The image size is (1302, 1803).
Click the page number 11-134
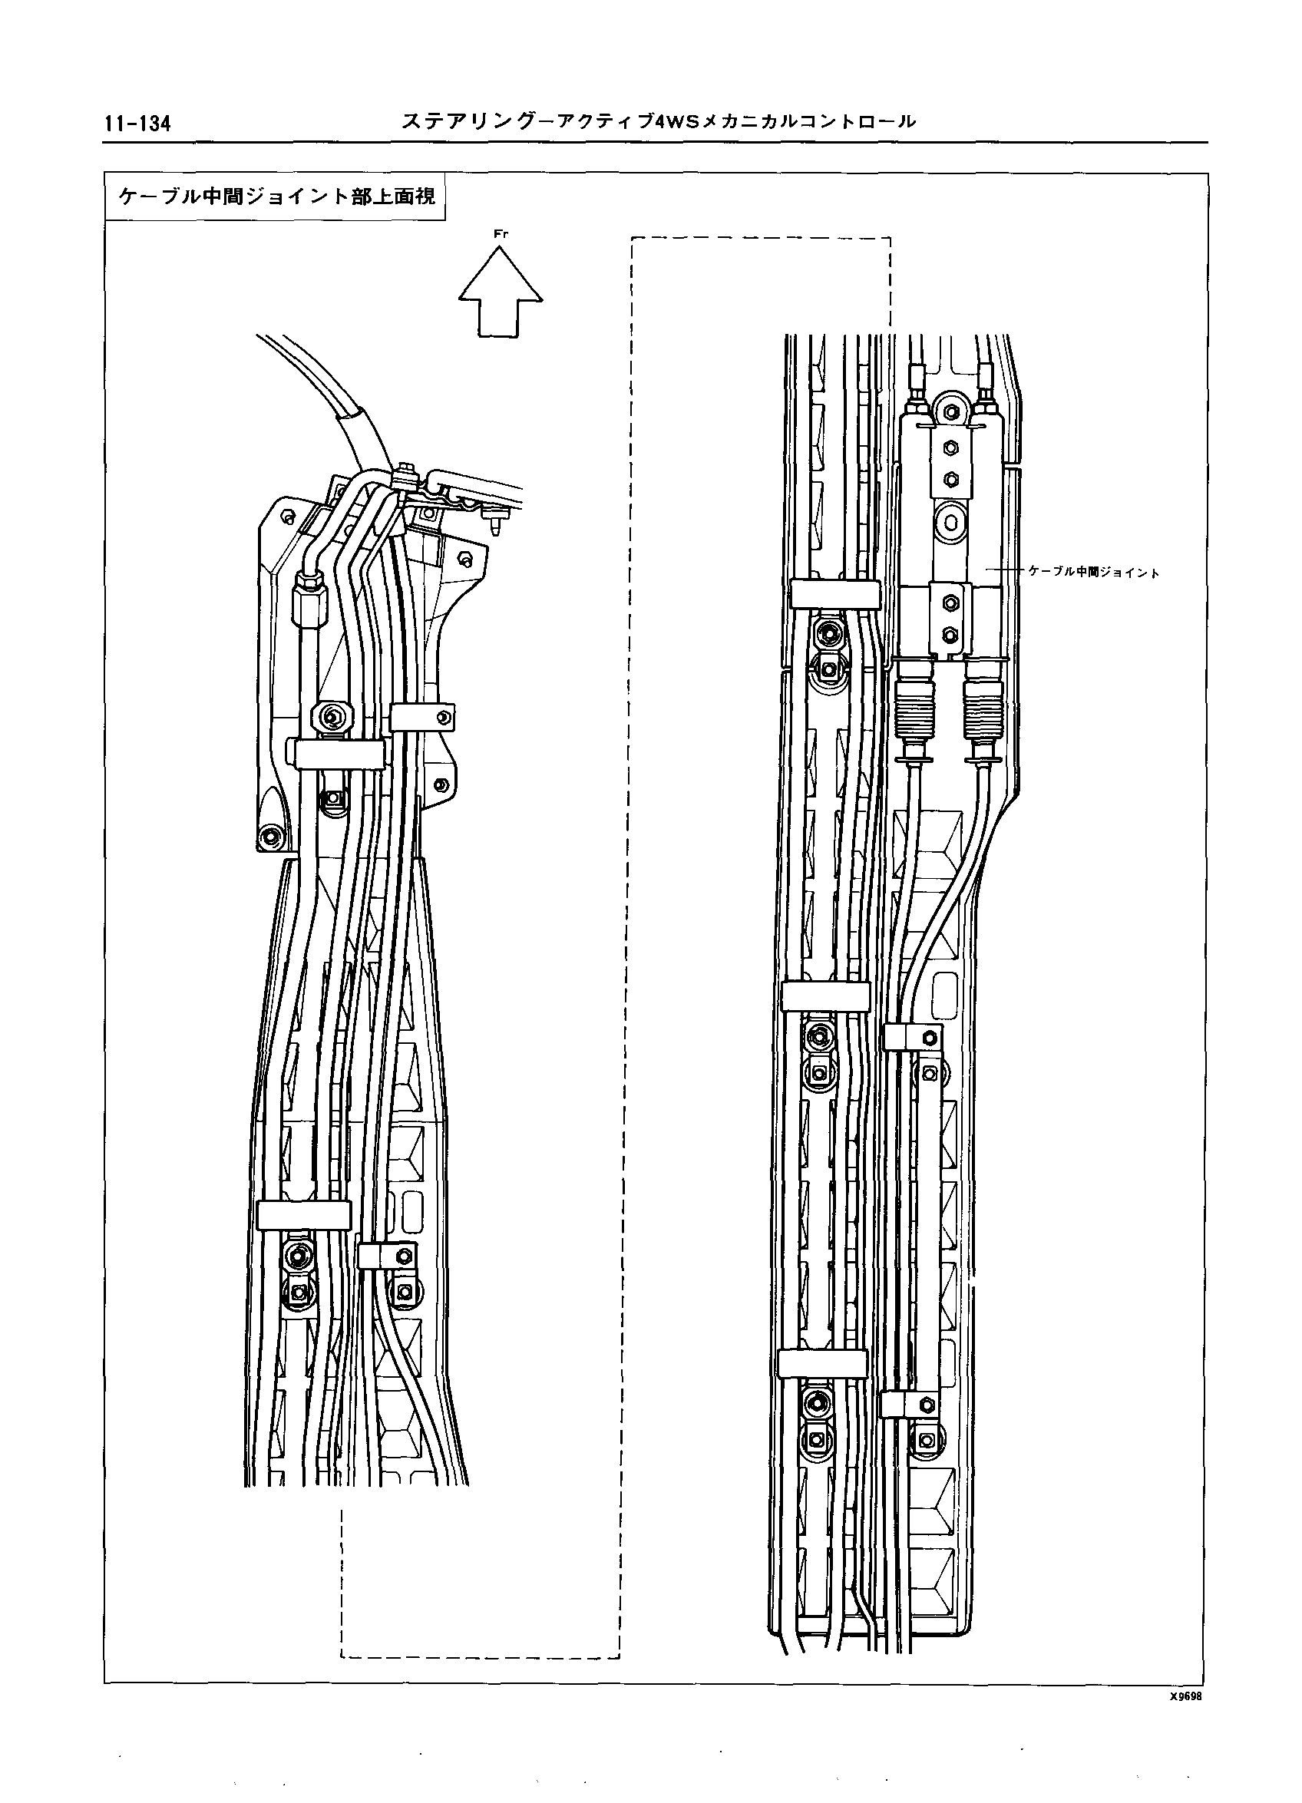(137, 124)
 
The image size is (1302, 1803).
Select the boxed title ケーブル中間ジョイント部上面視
(276, 196)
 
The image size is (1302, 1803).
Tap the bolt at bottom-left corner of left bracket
(269, 835)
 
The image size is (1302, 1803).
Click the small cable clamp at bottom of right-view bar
(911, 1402)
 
